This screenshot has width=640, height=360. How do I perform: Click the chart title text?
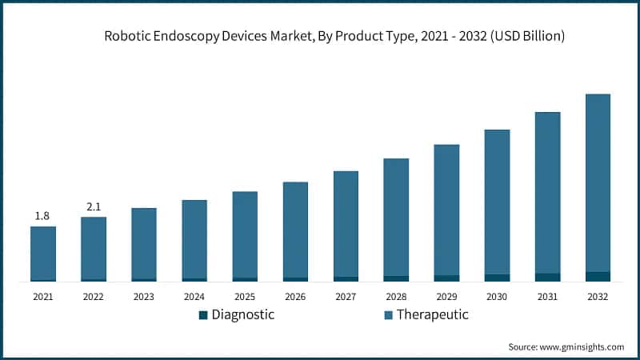pos(334,37)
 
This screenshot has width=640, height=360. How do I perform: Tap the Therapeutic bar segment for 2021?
pos(43,253)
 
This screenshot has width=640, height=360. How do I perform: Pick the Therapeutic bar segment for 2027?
pos(346,223)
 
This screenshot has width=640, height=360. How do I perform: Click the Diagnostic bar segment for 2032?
pos(598,277)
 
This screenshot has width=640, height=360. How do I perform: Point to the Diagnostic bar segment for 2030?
pos(497,278)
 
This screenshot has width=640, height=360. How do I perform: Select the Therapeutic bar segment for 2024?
pos(194,238)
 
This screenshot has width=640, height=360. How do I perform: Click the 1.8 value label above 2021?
pos(43,216)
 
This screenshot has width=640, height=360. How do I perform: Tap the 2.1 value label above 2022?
pos(94,207)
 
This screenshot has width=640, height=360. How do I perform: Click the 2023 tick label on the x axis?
pos(144,297)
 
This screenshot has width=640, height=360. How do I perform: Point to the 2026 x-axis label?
pos(295,297)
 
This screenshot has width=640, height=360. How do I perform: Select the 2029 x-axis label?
pos(446,297)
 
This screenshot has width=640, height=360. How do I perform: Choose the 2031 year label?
pos(547,297)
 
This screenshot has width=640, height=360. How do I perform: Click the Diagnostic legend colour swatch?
pos(203,315)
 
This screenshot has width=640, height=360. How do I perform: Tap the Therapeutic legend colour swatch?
pos(388,315)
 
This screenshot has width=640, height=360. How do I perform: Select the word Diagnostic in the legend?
pos(242,314)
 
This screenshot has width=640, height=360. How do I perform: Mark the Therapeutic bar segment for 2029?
pos(446,210)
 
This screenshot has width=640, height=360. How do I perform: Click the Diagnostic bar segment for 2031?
pos(547,278)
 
